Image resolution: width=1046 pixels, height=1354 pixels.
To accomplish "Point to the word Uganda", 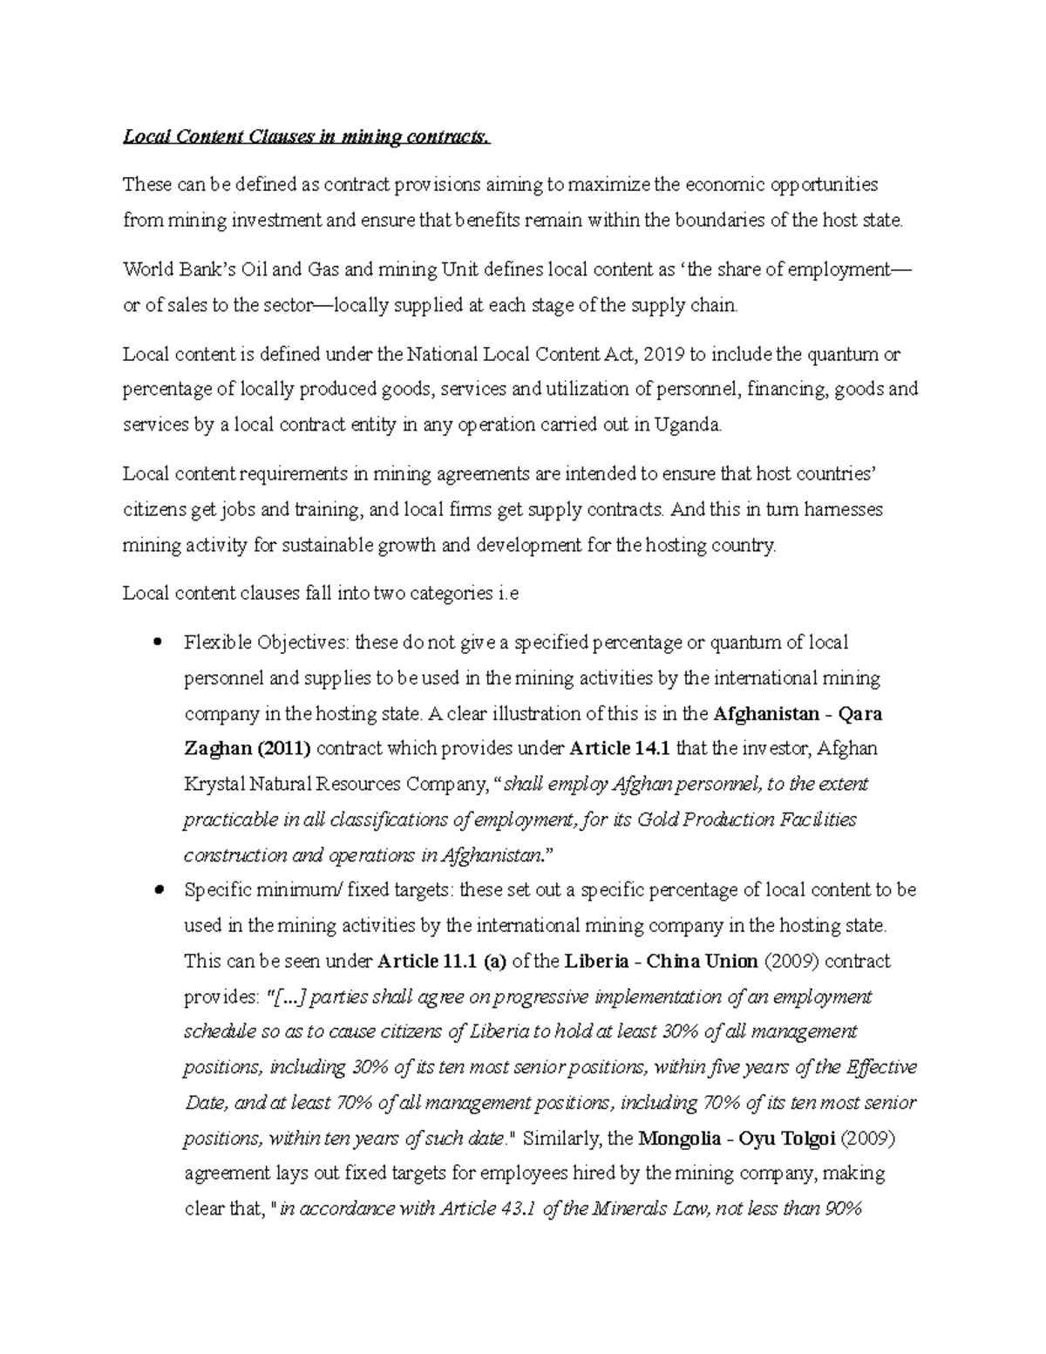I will [x=690, y=425].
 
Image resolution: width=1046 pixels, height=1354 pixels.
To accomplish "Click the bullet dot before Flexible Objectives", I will [x=157, y=643].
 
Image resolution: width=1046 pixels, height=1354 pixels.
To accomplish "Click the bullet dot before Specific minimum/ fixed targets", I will [x=157, y=890].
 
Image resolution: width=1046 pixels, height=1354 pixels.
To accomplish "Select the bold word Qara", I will [x=859, y=713].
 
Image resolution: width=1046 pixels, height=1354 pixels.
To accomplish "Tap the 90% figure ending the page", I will [x=840, y=1209].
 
